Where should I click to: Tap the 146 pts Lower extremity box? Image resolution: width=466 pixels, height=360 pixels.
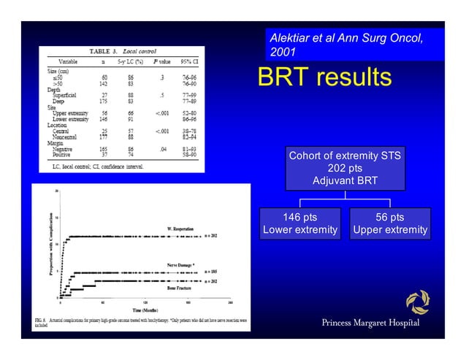(299, 224)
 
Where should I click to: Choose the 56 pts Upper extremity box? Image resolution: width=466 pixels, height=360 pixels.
(389, 224)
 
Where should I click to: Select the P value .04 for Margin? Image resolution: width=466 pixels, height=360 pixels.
(164, 148)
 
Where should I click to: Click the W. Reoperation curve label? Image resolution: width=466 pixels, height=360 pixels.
(180, 229)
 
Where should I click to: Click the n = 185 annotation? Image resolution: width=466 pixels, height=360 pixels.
(210, 272)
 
